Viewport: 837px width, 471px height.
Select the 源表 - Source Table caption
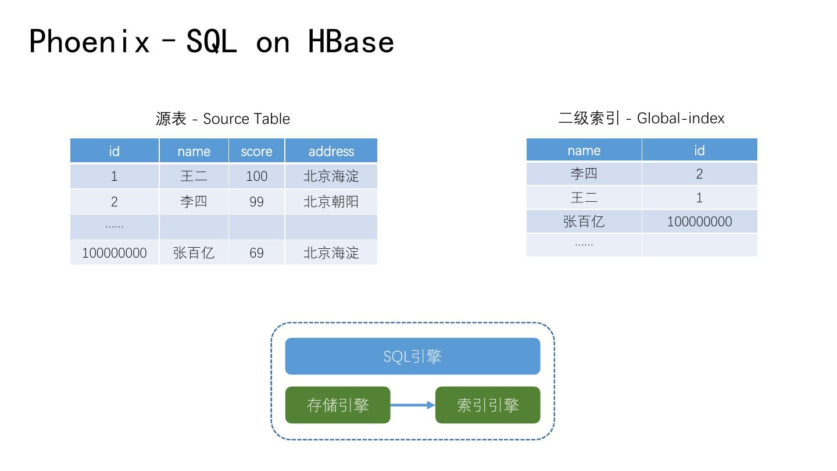coord(223,119)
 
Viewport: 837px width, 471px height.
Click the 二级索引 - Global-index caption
coord(641,118)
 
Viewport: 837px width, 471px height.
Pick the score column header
coord(256,151)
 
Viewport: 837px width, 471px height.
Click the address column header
coord(331,151)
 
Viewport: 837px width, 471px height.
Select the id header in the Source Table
coord(114,151)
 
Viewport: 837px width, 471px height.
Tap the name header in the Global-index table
coord(584,151)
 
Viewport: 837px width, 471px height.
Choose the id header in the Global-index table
coord(699,151)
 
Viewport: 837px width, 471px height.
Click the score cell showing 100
coord(256,176)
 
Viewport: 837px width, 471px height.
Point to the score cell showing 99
coord(256,202)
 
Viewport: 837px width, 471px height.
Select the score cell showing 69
coord(256,253)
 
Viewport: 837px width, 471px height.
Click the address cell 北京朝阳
coord(331,202)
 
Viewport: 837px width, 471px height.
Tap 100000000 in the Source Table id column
coord(114,253)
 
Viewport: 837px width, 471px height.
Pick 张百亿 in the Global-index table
coord(584,222)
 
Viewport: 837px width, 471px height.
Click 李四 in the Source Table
coord(194,202)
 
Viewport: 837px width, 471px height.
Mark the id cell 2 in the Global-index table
coord(699,174)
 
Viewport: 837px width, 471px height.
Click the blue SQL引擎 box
coord(412,356)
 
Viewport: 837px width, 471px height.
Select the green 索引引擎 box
coord(488,405)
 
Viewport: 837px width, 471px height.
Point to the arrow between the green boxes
coord(413,405)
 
